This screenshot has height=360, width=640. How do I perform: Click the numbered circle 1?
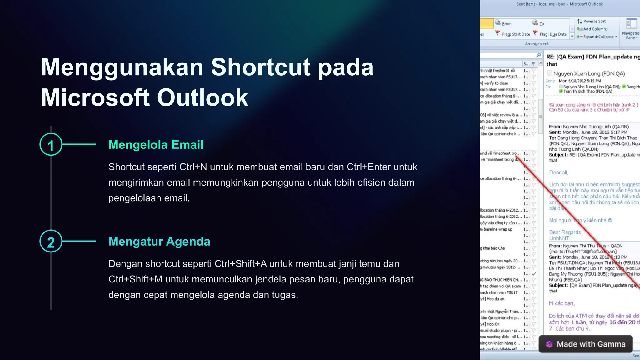pos(51,144)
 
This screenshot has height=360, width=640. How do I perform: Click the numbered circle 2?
pos(51,241)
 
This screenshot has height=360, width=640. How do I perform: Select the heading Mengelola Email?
pos(156,145)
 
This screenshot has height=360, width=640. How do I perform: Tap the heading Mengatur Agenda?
pos(159,242)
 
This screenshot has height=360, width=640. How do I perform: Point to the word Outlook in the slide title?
pos(202,97)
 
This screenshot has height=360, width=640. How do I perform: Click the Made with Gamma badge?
pos(586,344)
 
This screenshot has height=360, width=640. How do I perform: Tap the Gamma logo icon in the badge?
pos(549,344)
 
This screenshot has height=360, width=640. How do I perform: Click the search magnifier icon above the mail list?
pos(538,55)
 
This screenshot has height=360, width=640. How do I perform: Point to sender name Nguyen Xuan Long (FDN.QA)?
pos(589,74)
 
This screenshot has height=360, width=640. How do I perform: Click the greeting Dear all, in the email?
pos(559,172)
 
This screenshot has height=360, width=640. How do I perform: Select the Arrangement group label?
pos(537,44)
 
